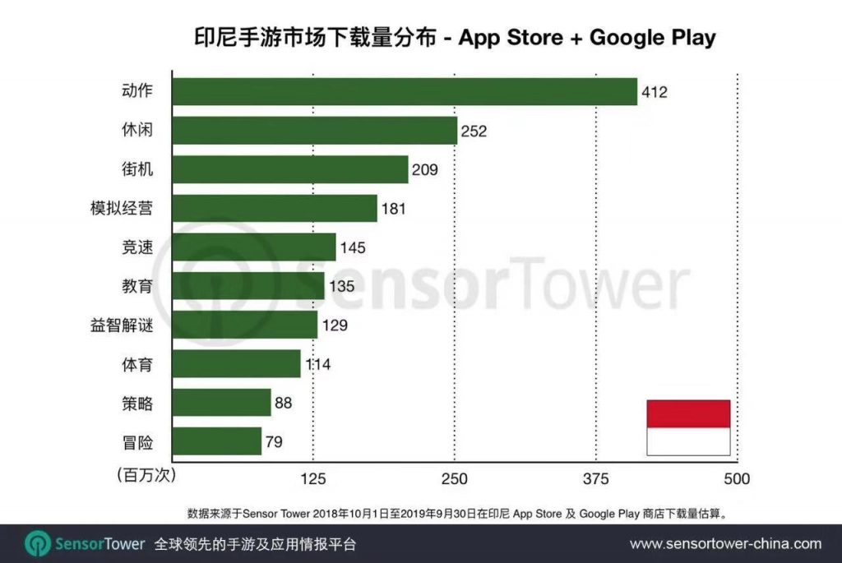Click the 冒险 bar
(x=219, y=441)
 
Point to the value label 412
(x=655, y=92)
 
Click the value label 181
(x=394, y=209)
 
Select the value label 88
(x=284, y=403)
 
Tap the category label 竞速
(x=136, y=247)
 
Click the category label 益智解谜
(x=122, y=325)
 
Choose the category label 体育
(x=136, y=364)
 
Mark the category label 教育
(x=136, y=286)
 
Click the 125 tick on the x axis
(x=313, y=478)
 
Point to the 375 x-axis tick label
(x=595, y=478)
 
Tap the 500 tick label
(x=736, y=478)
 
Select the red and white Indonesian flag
(x=688, y=427)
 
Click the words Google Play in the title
(x=653, y=38)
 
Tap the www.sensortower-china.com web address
(x=725, y=543)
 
